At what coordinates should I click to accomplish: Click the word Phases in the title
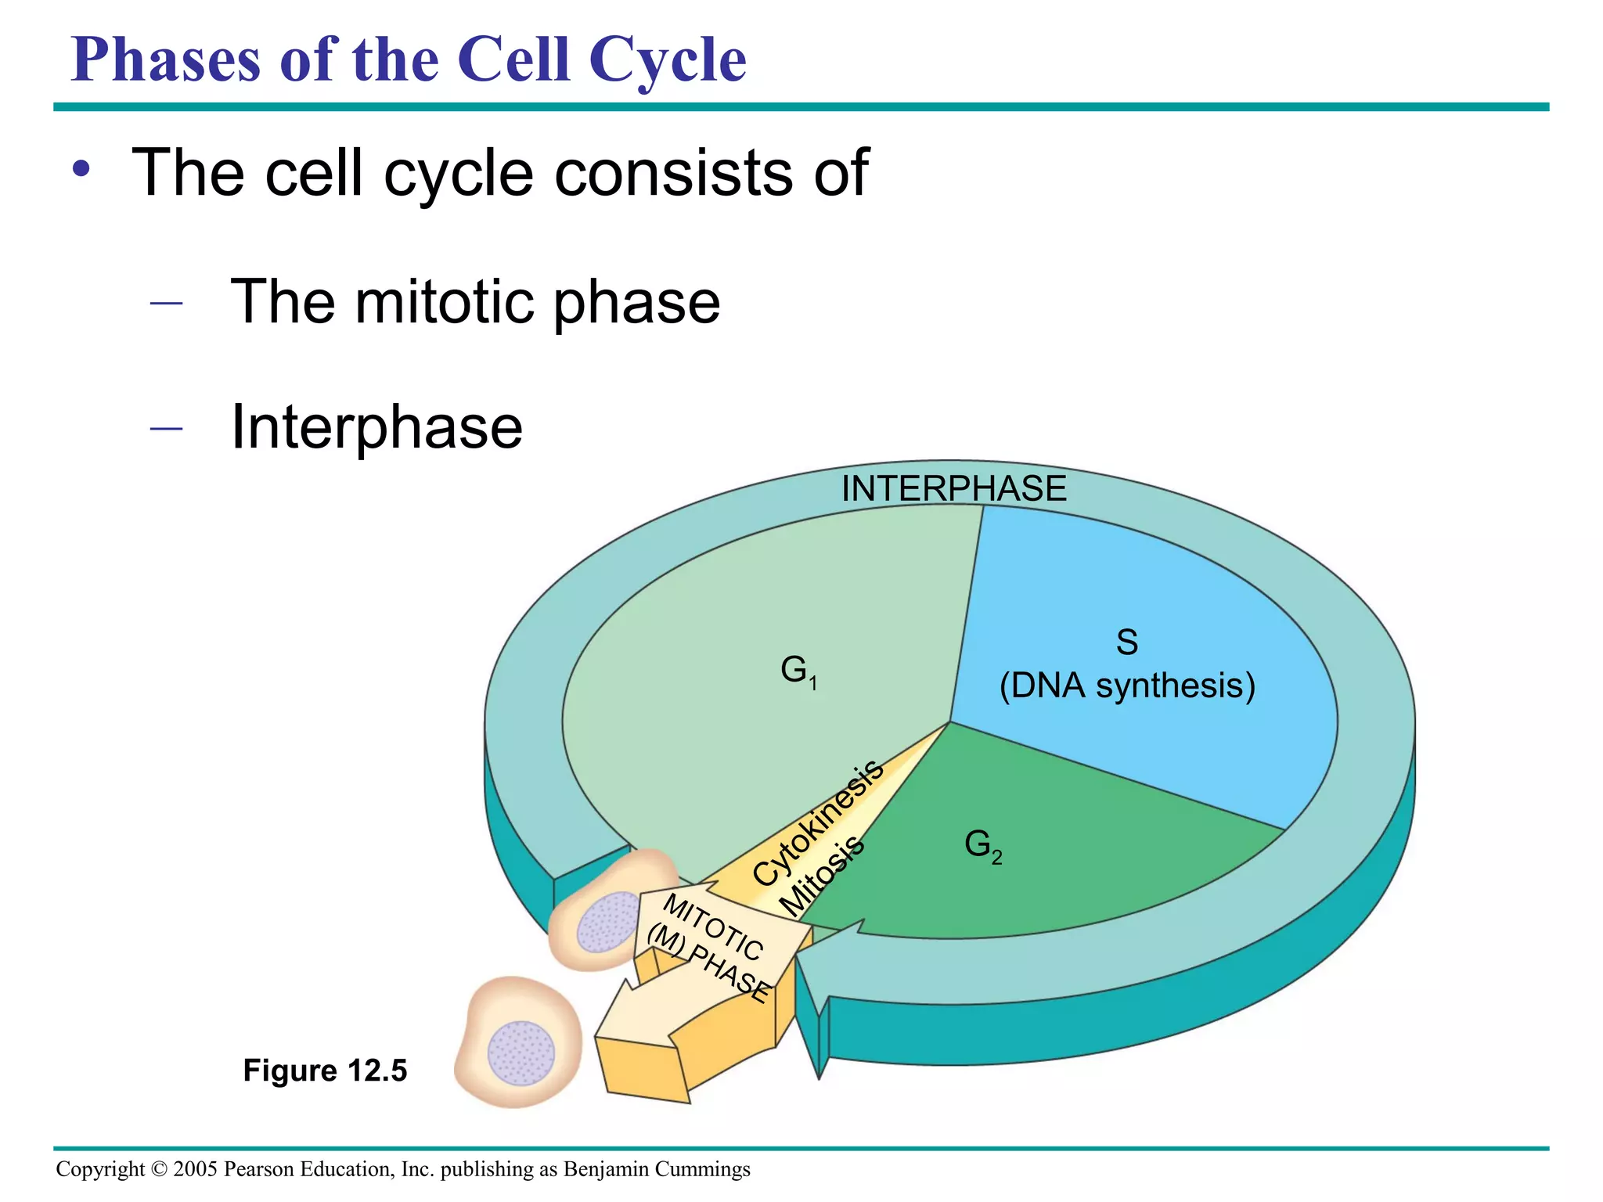(x=165, y=61)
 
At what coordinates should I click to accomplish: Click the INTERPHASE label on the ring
(x=953, y=489)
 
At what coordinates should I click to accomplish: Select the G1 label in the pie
(x=798, y=671)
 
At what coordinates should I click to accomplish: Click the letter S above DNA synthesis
(x=1126, y=642)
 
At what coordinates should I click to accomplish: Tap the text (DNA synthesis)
(x=1127, y=686)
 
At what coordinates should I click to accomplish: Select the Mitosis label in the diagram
(x=823, y=876)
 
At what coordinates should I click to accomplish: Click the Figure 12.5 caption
(x=325, y=1071)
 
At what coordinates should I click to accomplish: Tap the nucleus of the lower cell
(x=521, y=1053)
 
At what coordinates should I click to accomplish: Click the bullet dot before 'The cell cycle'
(x=82, y=168)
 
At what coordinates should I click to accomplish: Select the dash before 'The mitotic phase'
(x=166, y=303)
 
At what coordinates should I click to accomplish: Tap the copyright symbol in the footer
(x=159, y=1169)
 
